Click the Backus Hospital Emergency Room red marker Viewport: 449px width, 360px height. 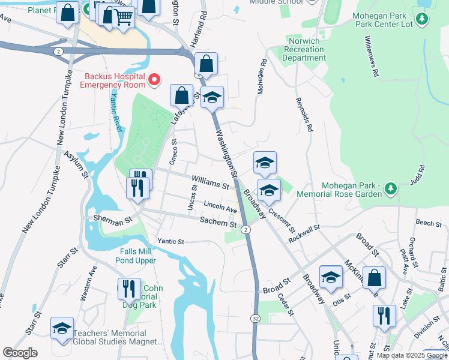click(x=154, y=79)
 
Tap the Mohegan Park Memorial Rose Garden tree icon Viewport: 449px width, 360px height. click(x=391, y=190)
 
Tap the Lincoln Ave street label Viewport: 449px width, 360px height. click(x=220, y=208)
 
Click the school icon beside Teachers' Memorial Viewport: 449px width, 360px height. click(x=62, y=329)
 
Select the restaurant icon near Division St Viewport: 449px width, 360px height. click(x=384, y=316)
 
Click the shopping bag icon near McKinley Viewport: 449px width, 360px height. click(x=374, y=278)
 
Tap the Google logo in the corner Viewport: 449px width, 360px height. click(x=20, y=353)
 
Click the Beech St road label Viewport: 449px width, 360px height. click(x=429, y=223)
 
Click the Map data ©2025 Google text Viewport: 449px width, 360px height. click(x=412, y=355)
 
